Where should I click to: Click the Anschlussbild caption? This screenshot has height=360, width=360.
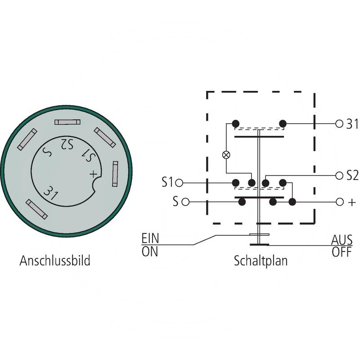click(x=55, y=261)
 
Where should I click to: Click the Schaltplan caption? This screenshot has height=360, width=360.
click(x=261, y=261)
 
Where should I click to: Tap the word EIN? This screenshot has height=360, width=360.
click(x=150, y=238)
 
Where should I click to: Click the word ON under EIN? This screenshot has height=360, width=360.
click(x=150, y=251)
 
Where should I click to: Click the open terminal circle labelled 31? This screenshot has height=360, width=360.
click(x=339, y=124)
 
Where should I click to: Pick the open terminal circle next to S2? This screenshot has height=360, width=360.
click(x=339, y=175)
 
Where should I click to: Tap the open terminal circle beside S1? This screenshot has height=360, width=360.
click(x=180, y=183)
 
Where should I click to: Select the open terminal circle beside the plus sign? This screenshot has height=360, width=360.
click(x=339, y=202)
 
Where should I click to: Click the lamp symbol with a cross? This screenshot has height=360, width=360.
click(x=226, y=155)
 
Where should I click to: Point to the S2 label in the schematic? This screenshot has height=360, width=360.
click(x=352, y=175)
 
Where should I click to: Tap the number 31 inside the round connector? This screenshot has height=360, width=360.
click(x=51, y=192)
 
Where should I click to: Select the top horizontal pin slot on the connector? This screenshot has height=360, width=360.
click(x=68, y=122)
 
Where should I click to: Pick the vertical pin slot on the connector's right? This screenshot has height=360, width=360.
click(x=115, y=173)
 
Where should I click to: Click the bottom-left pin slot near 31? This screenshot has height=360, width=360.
click(x=36, y=209)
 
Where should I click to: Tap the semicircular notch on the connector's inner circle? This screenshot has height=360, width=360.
click(x=99, y=185)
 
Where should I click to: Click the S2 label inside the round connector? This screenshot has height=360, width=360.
click(x=67, y=144)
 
